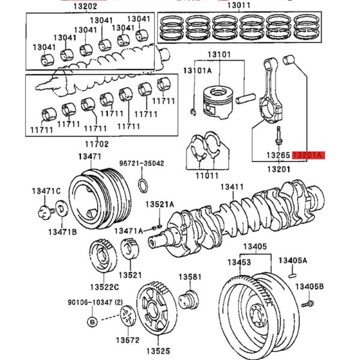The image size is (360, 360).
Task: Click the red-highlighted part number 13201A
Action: (308, 155)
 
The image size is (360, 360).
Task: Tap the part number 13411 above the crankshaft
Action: (232, 187)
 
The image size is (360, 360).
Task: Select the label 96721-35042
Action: (142, 163)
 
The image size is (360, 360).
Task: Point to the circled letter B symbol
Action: (92, 322)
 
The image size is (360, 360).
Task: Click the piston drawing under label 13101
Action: (218, 102)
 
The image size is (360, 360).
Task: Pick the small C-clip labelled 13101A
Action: (194, 112)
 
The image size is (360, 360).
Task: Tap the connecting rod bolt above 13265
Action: (278, 136)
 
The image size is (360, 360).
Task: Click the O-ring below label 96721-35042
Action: (143, 185)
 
